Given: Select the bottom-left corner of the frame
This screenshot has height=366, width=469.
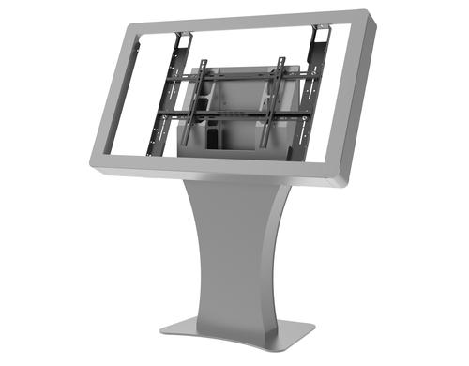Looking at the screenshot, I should tap(96, 161).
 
